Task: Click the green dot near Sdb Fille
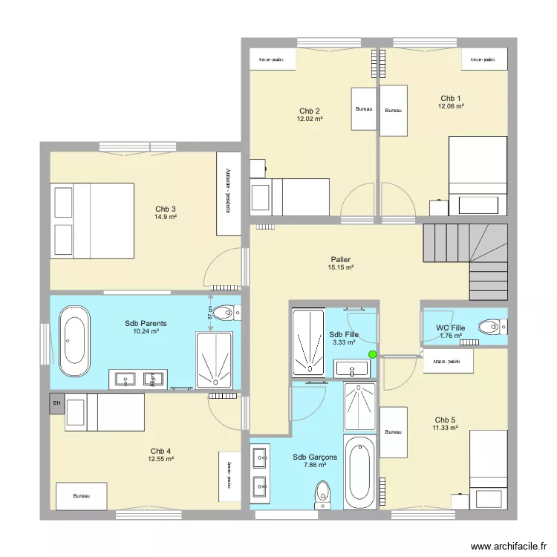click(373, 354)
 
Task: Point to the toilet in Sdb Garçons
click(323, 494)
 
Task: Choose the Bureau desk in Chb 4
click(81, 496)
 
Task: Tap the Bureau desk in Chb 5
click(394, 432)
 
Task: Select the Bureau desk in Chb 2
click(364, 109)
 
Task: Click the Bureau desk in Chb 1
click(393, 111)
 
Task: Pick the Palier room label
click(340, 260)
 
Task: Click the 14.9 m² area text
click(166, 217)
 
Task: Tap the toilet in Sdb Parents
click(224, 313)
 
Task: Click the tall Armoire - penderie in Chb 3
click(229, 194)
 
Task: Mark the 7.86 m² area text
click(316, 466)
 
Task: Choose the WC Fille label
click(451, 328)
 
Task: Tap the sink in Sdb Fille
click(351, 368)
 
